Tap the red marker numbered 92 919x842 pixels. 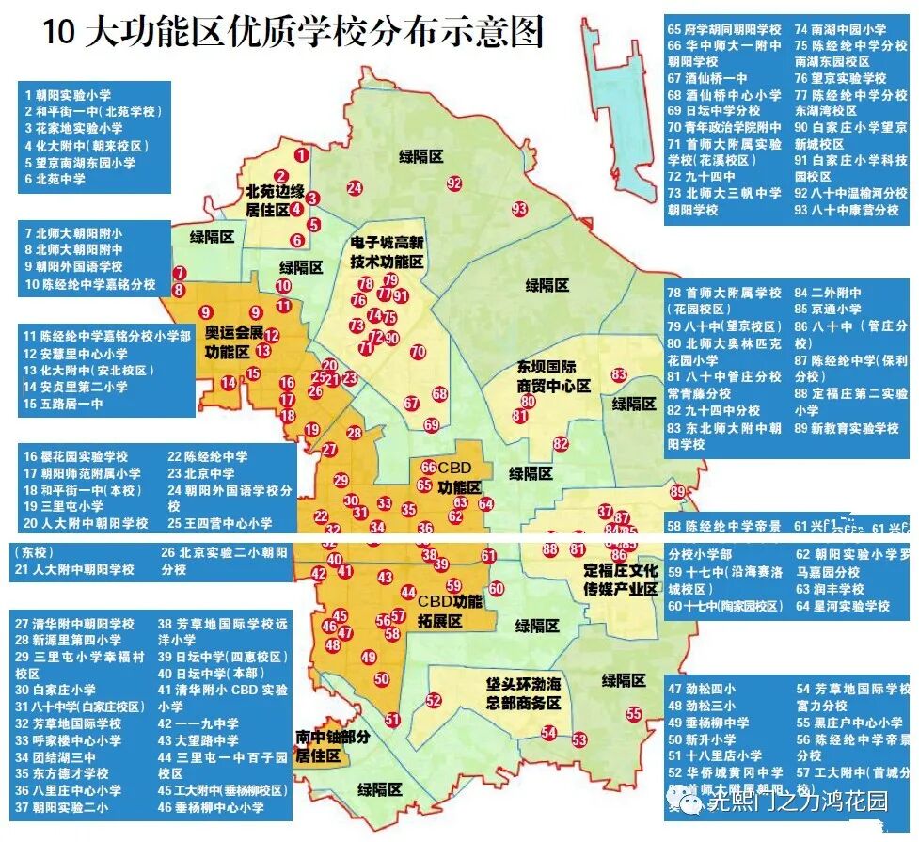[454, 183]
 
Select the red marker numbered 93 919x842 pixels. [519, 209]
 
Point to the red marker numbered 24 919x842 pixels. [355, 187]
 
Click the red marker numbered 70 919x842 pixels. [419, 352]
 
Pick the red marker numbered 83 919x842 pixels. [618, 375]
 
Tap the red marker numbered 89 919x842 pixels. [677, 491]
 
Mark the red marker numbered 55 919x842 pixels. [634, 714]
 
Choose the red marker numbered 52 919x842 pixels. [434, 700]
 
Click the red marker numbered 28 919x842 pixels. [355, 433]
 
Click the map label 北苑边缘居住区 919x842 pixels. [276, 199]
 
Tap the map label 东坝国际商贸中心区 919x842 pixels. [553, 375]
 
